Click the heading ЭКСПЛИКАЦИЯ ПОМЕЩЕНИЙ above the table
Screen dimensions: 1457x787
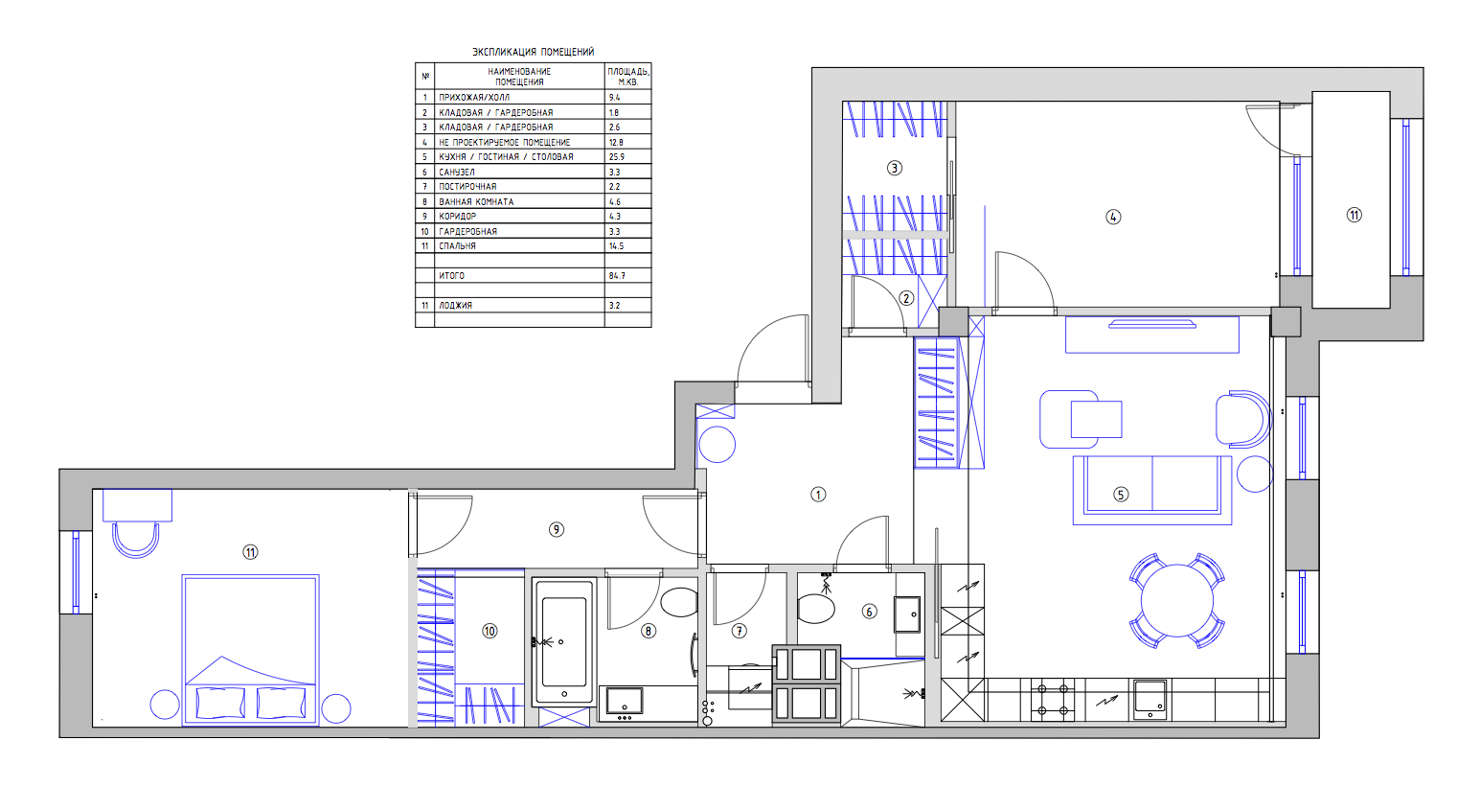pyautogui.click(x=534, y=52)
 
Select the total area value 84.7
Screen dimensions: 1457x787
pyautogui.click(x=617, y=276)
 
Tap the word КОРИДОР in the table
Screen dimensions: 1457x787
pyautogui.click(x=457, y=216)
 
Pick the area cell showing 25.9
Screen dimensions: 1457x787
pyautogui.click(x=616, y=157)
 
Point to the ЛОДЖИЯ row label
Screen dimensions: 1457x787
pyautogui.click(x=455, y=305)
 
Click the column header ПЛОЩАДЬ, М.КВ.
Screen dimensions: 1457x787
pyautogui.click(x=627, y=77)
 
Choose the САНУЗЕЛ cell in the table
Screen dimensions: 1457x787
pyautogui.click(x=457, y=172)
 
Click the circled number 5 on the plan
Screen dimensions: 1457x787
pyautogui.click(x=1121, y=495)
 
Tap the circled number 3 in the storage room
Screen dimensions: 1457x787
pyautogui.click(x=895, y=168)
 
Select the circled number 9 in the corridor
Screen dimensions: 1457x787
pyautogui.click(x=557, y=529)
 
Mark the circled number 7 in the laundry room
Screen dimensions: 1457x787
pyautogui.click(x=739, y=631)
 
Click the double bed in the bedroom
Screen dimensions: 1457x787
pyautogui.click(x=250, y=650)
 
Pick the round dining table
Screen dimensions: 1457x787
pyautogui.click(x=1177, y=600)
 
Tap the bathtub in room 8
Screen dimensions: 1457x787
pyautogui.click(x=564, y=641)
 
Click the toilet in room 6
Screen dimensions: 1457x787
pyautogui.click(x=815, y=610)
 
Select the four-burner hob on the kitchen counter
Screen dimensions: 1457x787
pyautogui.click(x=1053, y=700)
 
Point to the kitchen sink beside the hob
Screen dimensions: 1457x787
pyautogui.click(x=1150, y=699)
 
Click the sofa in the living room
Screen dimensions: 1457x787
pyautogui.click(x=1152, y=490)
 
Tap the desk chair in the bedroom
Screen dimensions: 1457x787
pyautogui.click(x=136, y=541)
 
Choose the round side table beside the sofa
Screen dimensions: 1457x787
pyautogui.click(x=1255, y=474)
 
